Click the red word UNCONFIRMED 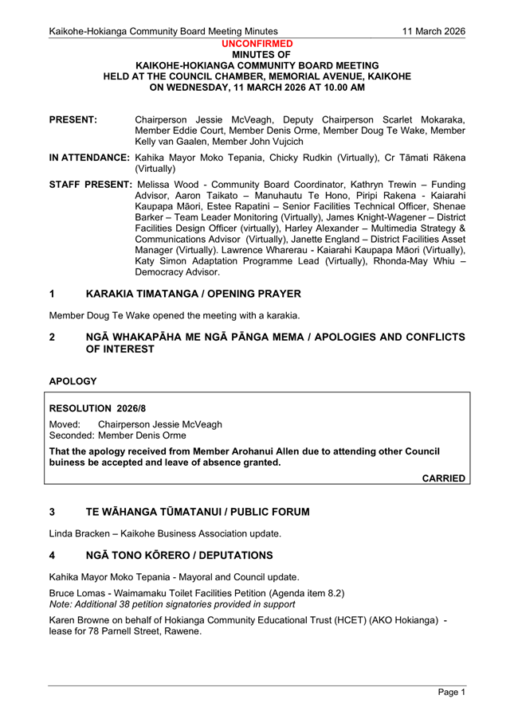coord(257,44)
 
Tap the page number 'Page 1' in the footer coord(451,693)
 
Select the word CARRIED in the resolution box coord(444,478)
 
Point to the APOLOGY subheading coord(73,381)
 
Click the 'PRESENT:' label coord(73,119)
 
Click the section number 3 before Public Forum coord(53,512)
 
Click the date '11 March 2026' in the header coord(434,31)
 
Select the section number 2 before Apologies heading coord(53,337)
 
